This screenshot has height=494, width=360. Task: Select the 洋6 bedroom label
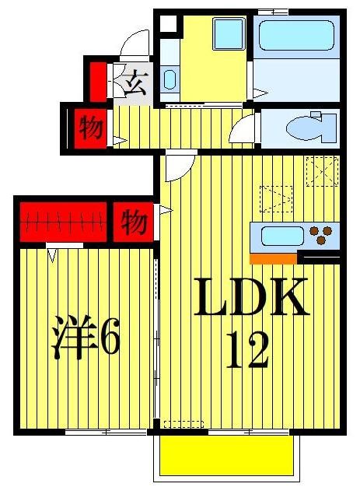[86, 338]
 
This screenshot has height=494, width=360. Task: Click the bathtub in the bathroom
[295, 35]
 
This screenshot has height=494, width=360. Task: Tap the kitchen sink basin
[278, 235]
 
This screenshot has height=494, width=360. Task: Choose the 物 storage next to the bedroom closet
[134, 223]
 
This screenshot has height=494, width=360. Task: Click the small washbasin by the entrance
[170, 79]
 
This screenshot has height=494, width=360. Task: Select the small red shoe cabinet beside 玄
[97, 79]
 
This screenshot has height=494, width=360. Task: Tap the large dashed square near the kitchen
[321, 171]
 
